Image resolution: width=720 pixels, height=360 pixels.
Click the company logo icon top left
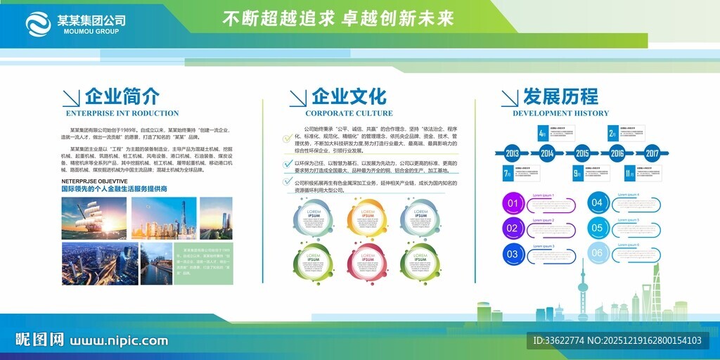[x=40, y=24]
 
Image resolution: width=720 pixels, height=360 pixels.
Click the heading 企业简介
[x=122, y=96]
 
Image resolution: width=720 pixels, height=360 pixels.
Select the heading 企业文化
[x=349, y=96]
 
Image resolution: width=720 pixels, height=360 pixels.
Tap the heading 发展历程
[x=560, y=96]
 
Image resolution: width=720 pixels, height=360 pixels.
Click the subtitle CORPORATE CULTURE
[x=349, y=113]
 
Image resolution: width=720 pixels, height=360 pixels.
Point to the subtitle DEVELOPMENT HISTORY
[x=560, y=113]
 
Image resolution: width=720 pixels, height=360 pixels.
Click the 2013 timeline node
[x=512, y=153]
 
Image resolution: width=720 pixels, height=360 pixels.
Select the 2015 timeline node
[x=581, y=153]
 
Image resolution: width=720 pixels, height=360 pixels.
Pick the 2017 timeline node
[x=652, y=153]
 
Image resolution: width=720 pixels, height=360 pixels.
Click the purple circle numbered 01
[x=513, y=205]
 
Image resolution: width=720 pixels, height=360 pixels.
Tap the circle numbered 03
[x=513, y=254]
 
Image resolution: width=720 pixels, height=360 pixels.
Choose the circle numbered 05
[x=597, y=228]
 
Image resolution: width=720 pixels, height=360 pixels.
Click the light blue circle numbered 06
[x=597, y=253]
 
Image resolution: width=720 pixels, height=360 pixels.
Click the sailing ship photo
[x=94, y=217]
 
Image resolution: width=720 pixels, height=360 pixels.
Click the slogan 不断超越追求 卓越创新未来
[x=338, y=19]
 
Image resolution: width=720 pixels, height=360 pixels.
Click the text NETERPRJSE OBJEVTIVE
[x=94, y=181]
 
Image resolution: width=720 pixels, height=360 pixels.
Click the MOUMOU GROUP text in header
[x=91, y=31]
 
